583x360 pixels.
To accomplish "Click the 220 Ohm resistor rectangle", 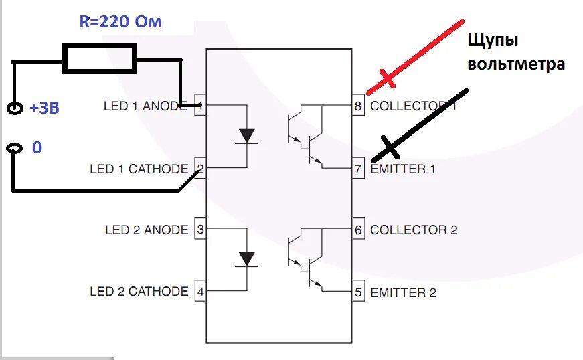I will (100, 58).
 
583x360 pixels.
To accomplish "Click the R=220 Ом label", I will (120, 22).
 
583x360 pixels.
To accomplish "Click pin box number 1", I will (200, 106).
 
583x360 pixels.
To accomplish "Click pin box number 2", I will (200, 168).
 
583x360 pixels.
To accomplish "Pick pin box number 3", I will (200, 230).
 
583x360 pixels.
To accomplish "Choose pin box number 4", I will (200, 292).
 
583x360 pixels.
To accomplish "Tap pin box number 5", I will (358, 292).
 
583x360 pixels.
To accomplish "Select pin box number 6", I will (358, 230).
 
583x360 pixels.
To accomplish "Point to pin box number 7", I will (358, 168).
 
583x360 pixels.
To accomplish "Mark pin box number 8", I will (358, 106).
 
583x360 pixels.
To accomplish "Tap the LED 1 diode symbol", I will (248, 135).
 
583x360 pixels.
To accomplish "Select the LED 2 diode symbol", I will (248, 258).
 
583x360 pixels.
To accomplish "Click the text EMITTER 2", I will (403, 292).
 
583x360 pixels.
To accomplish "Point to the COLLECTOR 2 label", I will (414, 230).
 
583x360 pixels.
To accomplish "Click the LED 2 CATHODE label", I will (139, 292).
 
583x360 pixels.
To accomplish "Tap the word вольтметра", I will (516, 64).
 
